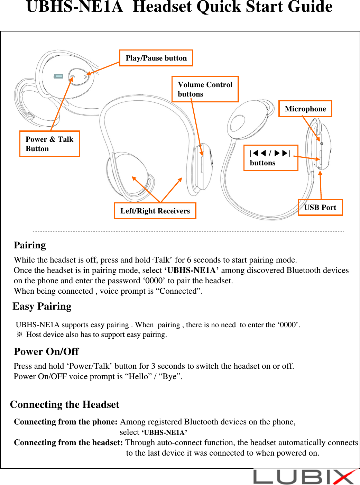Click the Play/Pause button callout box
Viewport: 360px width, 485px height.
coord(156,58)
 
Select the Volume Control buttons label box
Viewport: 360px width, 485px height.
coord(205,89)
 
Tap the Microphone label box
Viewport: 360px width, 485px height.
coord(305,109)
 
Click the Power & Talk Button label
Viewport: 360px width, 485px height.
coord(49,144)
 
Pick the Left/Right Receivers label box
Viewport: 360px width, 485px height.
coord(155,211)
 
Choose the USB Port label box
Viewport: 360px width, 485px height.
coord(320,208)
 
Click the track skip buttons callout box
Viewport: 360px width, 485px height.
coord(270,158)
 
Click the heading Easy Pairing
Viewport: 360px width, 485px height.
coord(42,306)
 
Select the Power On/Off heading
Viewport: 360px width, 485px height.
coord(46,351)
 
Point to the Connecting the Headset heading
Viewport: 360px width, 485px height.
coord(65,405)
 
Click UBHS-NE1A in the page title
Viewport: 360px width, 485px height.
coord(74,7)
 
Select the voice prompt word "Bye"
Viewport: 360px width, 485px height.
coord(170,376)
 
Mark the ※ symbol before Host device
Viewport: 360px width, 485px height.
coord(20,335)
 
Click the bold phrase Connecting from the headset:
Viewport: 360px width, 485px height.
coord(68,443)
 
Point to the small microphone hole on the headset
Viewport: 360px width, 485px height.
coord(322,144)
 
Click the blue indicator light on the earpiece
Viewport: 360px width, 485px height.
coord(58,76)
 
